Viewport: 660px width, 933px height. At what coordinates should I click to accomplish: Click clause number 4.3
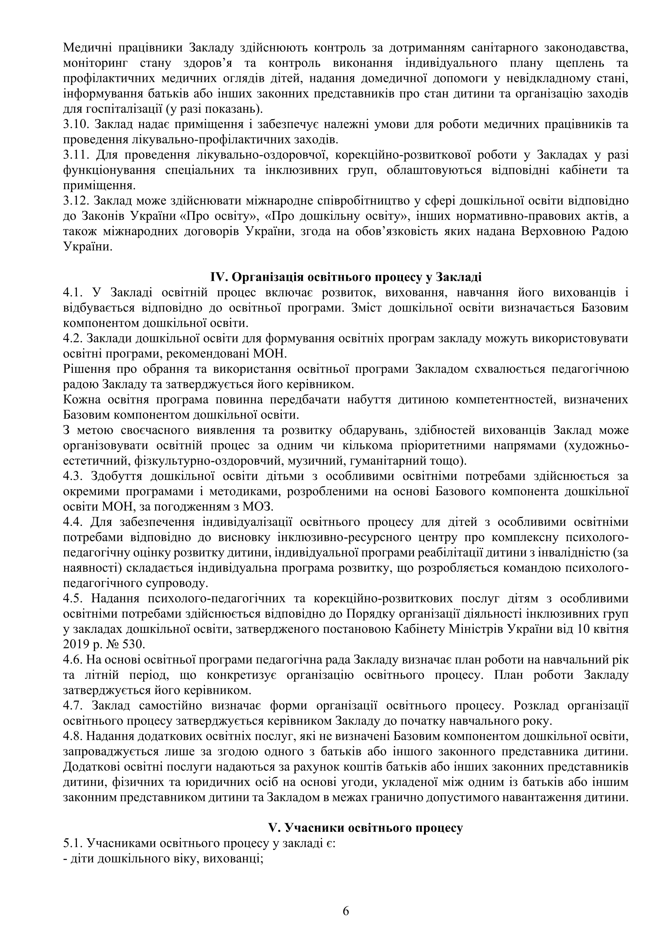tap(73, 476)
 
